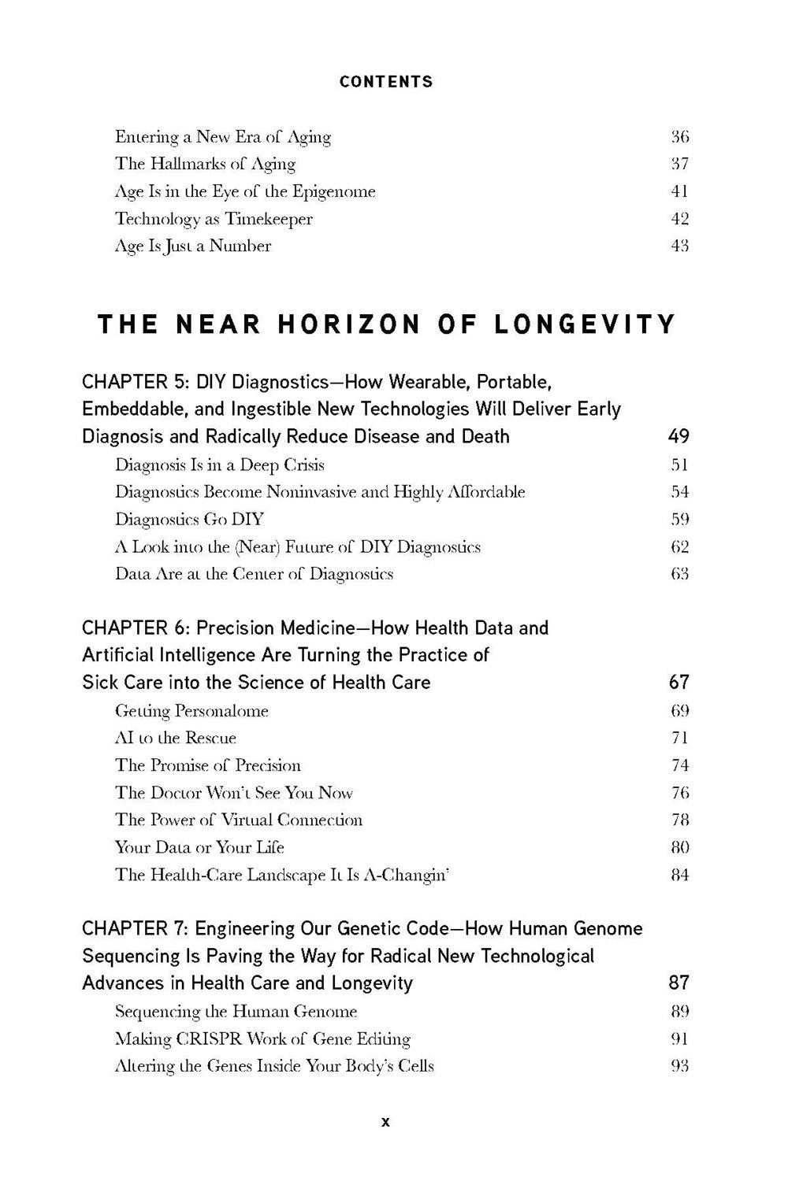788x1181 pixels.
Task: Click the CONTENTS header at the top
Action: point(386,82)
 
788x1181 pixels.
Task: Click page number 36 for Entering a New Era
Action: point(679,137)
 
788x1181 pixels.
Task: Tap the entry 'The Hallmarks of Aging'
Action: point(205,165)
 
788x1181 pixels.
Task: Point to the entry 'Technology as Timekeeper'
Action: point(214,219)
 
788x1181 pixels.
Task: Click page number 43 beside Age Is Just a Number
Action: point(679,246)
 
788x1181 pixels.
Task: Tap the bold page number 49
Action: point(678,436)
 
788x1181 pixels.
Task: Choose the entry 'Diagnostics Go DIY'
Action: point(189,520)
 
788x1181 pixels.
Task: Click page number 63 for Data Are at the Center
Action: point(679,574)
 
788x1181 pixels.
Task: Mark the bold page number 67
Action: point(678,682)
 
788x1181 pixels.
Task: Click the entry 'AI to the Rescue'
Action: point(175,739)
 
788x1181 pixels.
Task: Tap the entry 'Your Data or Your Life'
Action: point(199,848)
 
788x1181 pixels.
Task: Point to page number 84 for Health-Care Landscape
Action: point(679,875)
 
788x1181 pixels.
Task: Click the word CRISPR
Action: point(208,1039)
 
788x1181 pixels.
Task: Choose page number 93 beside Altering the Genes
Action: point(679,1067)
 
